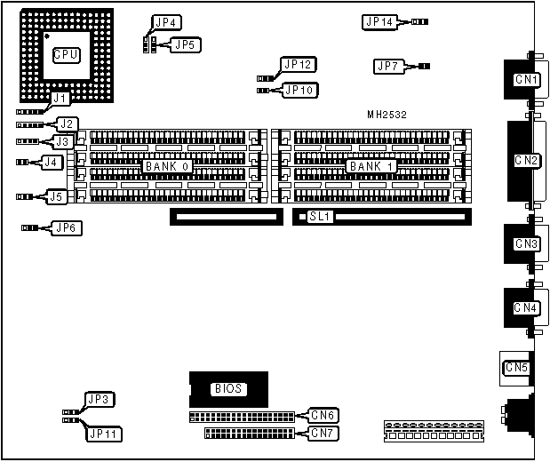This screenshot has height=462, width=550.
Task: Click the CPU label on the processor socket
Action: point(67,55)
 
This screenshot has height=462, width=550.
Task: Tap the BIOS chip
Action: point(227,388)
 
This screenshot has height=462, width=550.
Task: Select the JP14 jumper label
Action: point(379,22)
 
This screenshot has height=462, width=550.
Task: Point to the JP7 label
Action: point(389,66)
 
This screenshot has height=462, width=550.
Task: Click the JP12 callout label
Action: point(296,64)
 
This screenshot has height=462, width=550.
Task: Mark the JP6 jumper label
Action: point(66,228)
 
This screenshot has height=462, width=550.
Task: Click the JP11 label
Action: point(105,434)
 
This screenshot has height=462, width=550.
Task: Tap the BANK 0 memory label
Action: point(166,166)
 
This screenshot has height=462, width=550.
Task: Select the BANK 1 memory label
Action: point(371,166)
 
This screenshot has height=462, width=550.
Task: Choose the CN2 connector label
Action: point(527,161)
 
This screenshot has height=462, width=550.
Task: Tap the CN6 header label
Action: point(322,415)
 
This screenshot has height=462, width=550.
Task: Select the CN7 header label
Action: point(322,434)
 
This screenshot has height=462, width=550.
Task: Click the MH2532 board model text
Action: point(387,115)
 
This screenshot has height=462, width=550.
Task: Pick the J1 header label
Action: point(59,99)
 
